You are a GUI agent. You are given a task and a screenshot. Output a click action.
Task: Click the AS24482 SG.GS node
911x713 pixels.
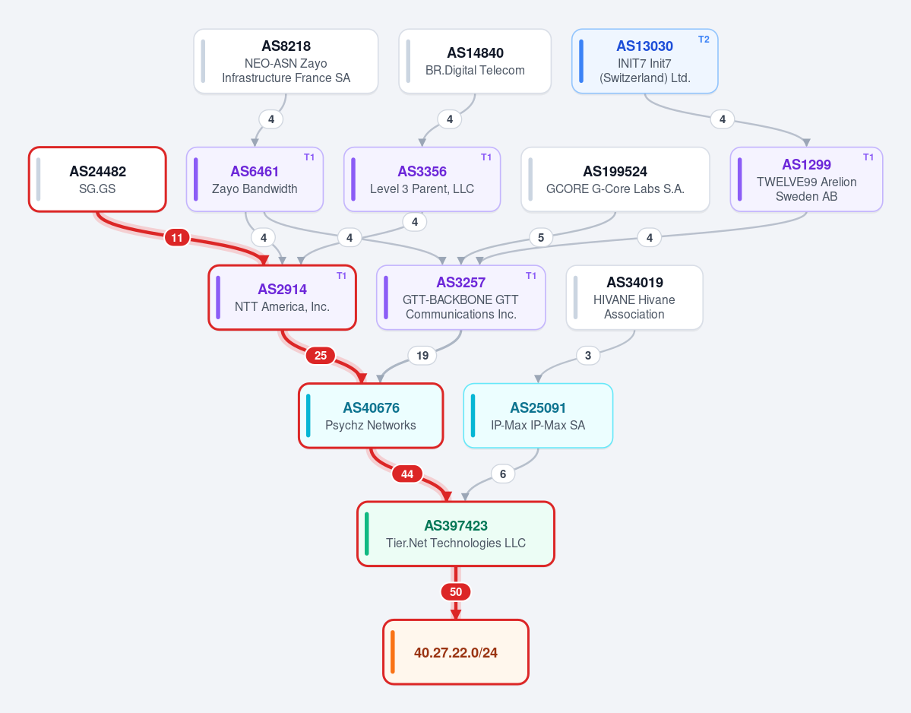(x=97, y=179)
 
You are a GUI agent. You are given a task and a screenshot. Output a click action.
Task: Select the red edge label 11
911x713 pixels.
(x=177, y=237)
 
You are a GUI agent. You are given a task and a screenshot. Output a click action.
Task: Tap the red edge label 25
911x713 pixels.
(x=321, y=355)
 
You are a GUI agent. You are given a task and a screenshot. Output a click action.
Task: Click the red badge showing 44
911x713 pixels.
(x=407, y=474)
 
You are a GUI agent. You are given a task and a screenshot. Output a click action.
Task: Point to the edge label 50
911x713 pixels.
(x=456, y=592)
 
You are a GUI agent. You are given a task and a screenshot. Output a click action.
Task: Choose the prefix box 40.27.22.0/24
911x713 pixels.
(x=456, y=652)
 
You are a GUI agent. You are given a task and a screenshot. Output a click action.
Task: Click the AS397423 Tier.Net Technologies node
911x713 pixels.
(x=456, y=534)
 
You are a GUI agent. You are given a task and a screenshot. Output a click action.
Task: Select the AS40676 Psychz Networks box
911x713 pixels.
(x=372, y=416)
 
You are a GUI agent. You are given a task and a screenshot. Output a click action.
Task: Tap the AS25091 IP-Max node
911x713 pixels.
(x=538, y=416)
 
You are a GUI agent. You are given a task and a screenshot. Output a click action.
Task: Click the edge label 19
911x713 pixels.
(x=422, y=355)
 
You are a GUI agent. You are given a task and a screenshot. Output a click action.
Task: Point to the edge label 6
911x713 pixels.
(x=503, y=474)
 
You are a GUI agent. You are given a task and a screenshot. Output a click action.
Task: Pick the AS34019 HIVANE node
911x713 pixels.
(x=634, y=297)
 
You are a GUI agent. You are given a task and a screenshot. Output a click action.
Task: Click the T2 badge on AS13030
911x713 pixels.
(x=704, y=40)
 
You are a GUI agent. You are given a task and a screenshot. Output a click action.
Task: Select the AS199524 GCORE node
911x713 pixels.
(x=615, y=179)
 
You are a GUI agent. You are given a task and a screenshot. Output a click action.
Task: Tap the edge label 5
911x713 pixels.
(x=541, y=237)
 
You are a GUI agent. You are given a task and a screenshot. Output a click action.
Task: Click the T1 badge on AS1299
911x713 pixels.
(x=868, y=157)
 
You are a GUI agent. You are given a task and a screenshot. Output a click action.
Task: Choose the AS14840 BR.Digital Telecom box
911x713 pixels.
(x=475, y=61)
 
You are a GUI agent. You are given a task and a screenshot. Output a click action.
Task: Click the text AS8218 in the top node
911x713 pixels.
(x=286, y=46)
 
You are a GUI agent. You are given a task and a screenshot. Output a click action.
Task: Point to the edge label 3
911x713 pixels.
(x=588, y=355)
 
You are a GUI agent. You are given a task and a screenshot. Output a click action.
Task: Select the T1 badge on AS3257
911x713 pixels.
(x=531, y=276)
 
